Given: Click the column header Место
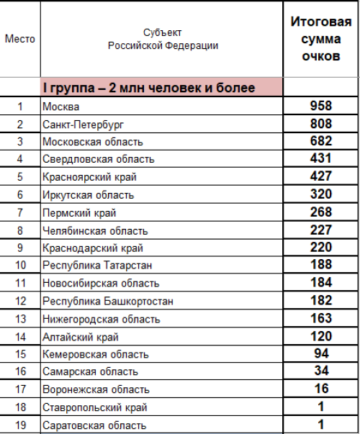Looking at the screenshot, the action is [19, 39].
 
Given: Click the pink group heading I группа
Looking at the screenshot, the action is [148, 89].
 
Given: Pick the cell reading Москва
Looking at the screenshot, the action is [61, 107].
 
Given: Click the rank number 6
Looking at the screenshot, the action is [19, 194].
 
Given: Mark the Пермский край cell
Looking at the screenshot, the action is [79, 212].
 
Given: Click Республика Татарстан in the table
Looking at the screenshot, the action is [96, 266].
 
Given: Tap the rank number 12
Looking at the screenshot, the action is [19, 301].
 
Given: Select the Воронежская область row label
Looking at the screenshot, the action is [96, 389].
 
